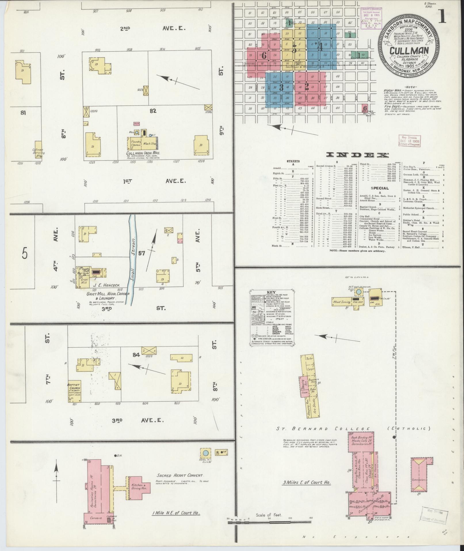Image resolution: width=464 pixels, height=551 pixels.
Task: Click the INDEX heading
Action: click(356, 155)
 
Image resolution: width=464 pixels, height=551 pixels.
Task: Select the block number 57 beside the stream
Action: click(142, 253)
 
